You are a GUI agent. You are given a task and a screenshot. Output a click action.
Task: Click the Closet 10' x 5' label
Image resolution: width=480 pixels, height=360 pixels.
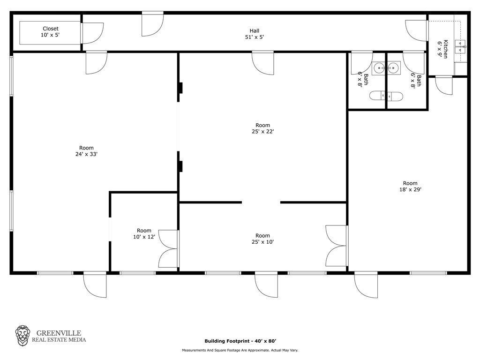[50, 31]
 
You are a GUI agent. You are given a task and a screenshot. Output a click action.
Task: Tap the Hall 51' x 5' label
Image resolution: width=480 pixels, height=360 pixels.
[255, 34]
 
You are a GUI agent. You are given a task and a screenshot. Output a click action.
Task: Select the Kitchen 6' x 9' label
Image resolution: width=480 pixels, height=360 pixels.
[442, 49]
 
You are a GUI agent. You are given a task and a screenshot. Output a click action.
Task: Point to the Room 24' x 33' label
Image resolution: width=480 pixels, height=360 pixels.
[86, 151]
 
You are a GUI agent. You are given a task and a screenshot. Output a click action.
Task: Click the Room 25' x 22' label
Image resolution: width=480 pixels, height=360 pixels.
[262, 128]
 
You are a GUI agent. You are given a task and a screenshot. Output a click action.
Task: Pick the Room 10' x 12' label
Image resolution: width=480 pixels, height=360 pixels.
[144, 233]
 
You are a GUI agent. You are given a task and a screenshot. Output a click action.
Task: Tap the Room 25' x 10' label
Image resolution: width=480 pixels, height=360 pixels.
[262, 239]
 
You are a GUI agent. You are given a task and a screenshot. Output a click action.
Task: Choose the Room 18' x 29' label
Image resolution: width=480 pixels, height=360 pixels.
[410, 186]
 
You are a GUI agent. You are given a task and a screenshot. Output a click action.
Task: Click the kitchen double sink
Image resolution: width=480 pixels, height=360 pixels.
[460, 47]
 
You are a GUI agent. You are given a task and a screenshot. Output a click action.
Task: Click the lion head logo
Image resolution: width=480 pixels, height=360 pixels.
[22, 336]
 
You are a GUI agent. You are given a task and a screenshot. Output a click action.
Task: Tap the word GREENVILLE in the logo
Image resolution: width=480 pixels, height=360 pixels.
[59, 333]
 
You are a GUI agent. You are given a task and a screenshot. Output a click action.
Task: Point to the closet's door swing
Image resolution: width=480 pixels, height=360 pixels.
[93, 33]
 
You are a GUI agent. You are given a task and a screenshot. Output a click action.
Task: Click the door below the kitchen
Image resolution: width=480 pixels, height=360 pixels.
[443, 85]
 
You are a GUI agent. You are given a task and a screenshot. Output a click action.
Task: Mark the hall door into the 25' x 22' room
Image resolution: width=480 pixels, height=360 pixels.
[262, 63]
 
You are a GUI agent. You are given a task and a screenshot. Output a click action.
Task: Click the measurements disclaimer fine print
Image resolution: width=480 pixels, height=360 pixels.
[240, 350]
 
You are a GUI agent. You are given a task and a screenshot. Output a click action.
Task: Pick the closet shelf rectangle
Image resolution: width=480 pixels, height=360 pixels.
[50, 33]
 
